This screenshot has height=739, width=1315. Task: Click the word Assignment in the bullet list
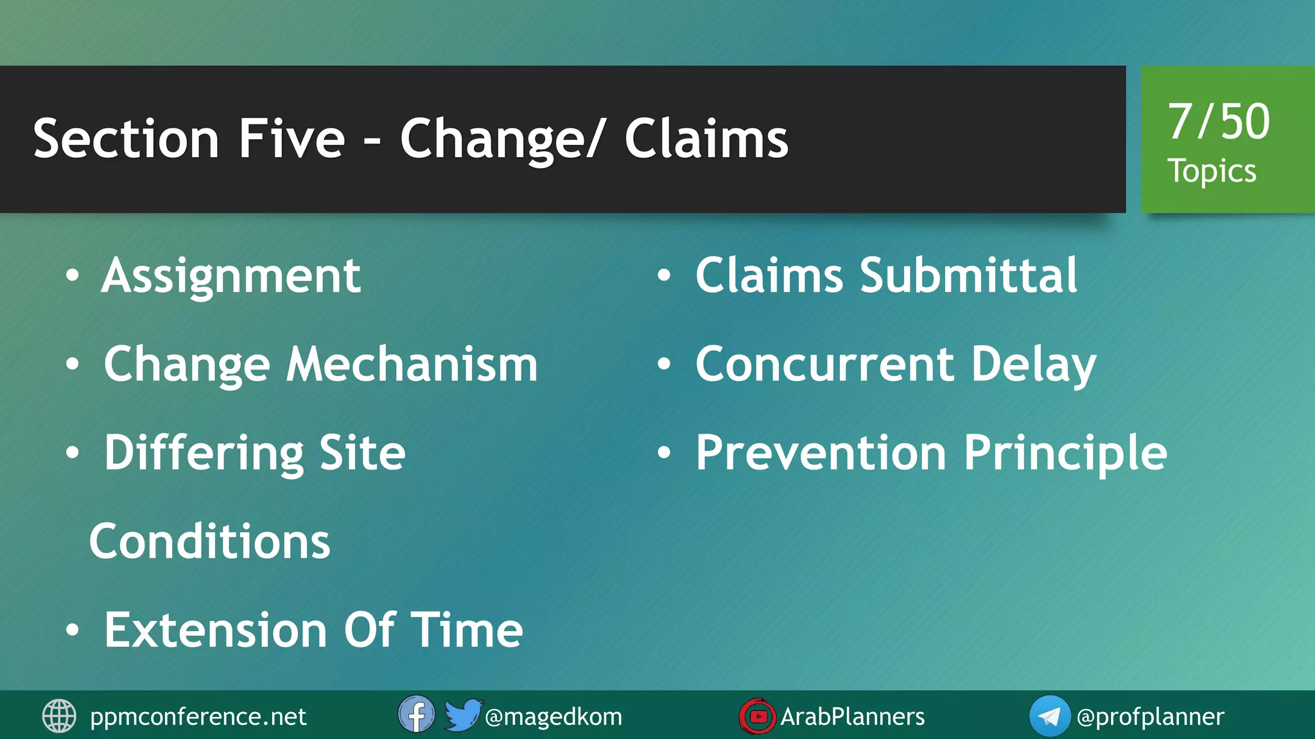[x=231, y=276]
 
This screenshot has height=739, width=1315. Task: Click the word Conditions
[x=209, y=541]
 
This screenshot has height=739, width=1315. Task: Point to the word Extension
[x=216, y=630]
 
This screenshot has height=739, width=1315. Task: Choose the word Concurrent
[x=825, y=364]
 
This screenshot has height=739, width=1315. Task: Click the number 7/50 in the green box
[x=1218, y=122]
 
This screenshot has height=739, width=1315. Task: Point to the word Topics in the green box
[x=1211, y=171]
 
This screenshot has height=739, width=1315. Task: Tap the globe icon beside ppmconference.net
[x=59, y=716]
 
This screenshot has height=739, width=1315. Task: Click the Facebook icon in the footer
[x=416, y=715]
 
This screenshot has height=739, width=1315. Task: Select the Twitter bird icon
[x=462, y=715]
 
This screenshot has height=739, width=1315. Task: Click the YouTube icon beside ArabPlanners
[x=758, y=716]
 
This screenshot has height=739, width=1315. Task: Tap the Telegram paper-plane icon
[x=1049, y=716]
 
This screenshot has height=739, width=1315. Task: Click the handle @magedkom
[x=553, y=717]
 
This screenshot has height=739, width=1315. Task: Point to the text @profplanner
[x=1150, y=717]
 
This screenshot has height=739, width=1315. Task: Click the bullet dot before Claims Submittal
[x=664, y=276]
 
